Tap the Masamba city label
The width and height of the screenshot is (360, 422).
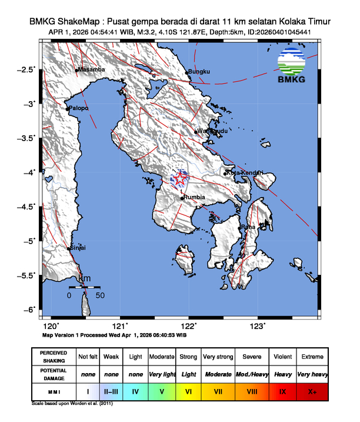pos(92,69)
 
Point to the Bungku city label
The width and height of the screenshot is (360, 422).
pos(200,72)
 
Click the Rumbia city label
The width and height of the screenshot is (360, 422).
pos(195,198)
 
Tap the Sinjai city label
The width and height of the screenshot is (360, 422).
pos(79,248)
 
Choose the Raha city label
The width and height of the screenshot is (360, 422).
pos(248,227)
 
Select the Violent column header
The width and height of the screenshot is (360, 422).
pos(282,357)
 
